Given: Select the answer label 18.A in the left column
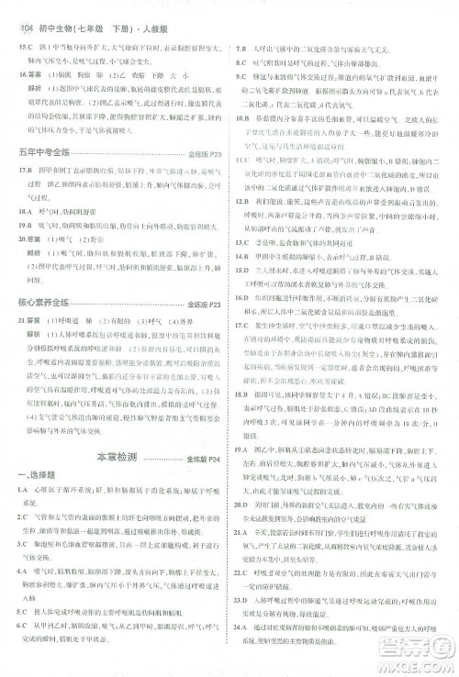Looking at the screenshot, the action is (x=24, y=209).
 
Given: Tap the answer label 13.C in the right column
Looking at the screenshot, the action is (x=245, y=257).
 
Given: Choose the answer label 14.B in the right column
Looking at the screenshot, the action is (x=245, y=271).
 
